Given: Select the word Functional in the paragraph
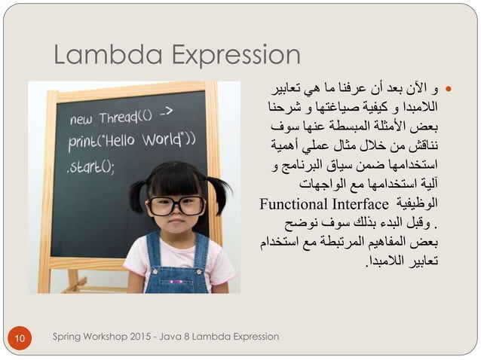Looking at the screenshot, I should (x=292, y=204).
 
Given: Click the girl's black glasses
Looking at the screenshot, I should (x=176, y=205).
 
